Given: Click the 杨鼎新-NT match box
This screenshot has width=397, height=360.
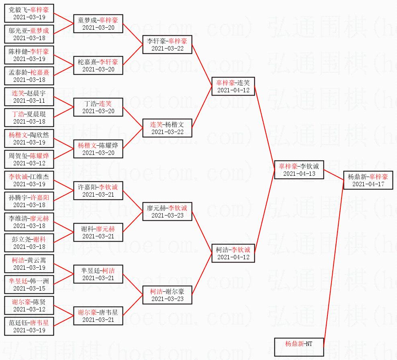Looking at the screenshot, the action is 299,347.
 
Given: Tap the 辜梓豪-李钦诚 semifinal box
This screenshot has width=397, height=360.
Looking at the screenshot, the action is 299,170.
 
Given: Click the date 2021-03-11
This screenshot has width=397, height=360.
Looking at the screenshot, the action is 29,100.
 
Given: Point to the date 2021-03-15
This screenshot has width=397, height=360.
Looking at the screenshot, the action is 29,288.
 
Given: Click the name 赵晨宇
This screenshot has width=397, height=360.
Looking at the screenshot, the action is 39,93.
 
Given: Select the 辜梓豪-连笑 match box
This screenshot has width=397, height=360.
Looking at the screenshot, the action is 233,86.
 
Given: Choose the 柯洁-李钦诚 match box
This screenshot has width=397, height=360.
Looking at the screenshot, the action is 233,253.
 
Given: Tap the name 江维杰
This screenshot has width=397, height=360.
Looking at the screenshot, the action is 39,177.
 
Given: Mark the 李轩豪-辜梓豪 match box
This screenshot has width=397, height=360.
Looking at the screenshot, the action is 167,45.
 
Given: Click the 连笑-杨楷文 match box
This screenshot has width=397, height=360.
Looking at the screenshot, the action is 167,128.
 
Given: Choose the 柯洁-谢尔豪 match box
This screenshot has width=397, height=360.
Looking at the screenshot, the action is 167,295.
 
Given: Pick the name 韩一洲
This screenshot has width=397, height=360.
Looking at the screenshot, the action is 39,281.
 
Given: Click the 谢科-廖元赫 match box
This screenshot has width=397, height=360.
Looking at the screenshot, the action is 98,232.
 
